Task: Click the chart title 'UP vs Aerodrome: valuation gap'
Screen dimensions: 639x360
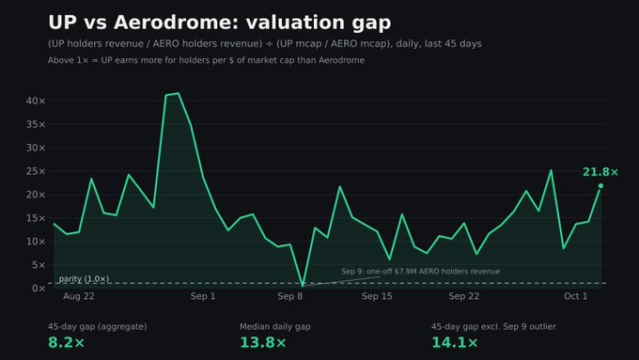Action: [x=220, y=23]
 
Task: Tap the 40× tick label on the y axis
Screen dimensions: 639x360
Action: [x=36, y=101]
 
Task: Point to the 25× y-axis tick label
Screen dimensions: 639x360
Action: [x=36, y=171]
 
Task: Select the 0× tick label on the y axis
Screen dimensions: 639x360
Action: [x=39, y=289]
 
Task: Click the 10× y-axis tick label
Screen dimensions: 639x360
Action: [x=36, y=242]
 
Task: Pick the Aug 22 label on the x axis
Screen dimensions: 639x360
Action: [x=79, y=296]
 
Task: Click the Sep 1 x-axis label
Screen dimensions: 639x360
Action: [x=203, y=296]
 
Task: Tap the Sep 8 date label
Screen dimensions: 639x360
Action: [x=290, y=296]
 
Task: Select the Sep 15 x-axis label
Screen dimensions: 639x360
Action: [x=377, y=296]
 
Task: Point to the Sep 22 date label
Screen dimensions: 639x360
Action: [x=464, y=296]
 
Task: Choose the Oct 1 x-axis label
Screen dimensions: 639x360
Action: [x=575, y=296]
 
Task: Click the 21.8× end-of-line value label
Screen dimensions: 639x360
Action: [x=600, y=172]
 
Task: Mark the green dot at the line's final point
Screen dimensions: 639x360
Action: [x=600, y=186]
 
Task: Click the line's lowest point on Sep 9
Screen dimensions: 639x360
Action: [x=303, y=285]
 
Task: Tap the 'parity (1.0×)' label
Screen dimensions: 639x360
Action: [x=84, y=279]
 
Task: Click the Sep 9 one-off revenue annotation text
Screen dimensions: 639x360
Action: [x=421, y=272]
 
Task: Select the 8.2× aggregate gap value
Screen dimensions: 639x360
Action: [x=67, y=342]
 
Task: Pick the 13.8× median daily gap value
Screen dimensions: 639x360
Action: [x=263, y=342]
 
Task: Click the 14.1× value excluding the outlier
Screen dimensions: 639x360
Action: [x=455, y=342]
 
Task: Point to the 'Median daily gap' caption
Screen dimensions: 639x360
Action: [x=275, y=326]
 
